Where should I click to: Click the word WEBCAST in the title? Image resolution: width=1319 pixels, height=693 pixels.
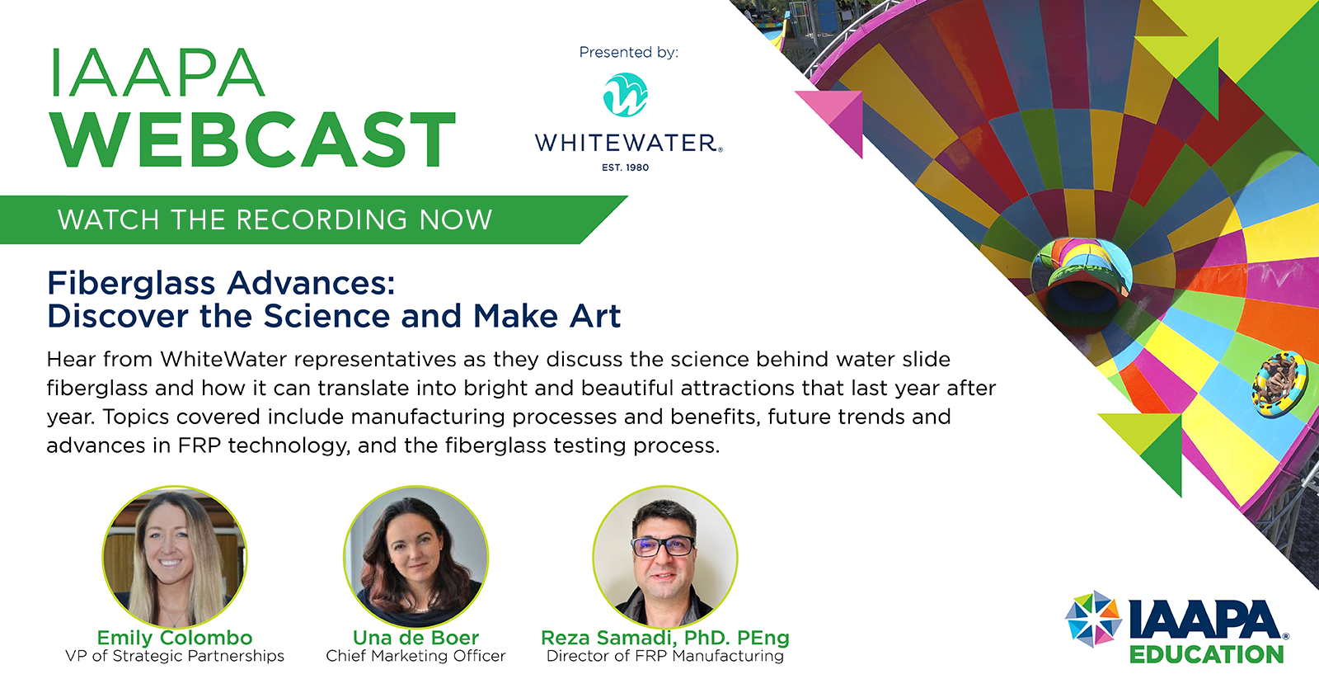point(253,140)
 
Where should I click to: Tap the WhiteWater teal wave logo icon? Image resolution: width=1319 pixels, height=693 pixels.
point(626,94)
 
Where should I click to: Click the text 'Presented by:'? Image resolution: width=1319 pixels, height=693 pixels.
point(628,53)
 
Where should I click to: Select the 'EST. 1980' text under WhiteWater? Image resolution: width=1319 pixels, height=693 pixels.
point(626,167)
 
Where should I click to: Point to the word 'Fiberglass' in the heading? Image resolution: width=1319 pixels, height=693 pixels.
point(131,283)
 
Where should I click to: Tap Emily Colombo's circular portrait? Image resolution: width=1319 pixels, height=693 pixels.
point(174,557)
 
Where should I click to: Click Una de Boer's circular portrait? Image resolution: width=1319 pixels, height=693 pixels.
point(415,557)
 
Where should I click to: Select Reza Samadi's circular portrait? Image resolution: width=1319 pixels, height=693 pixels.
point(664,557)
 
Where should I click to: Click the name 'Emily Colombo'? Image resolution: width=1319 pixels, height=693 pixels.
point(174,638)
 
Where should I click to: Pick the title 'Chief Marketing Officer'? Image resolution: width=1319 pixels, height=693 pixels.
point(415,656)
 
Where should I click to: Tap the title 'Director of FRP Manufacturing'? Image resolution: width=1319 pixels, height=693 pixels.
point(664,656)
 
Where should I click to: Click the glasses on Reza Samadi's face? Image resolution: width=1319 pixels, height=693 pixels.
point(663,546)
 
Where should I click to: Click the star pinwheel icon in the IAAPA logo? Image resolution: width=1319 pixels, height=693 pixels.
point(1093,619)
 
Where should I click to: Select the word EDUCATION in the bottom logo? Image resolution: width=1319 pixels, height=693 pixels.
point(1207,655)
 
